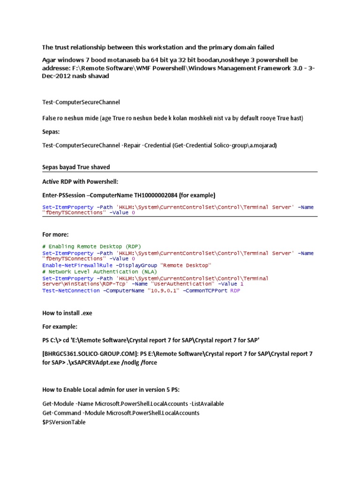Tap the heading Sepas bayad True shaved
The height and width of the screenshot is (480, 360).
[76, 167]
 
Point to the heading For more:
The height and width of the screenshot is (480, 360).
[55, 234]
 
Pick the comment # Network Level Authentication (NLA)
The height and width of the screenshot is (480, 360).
[100, 271]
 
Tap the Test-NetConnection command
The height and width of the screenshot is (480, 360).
[70, 291]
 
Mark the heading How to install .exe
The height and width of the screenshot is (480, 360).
[67, 313]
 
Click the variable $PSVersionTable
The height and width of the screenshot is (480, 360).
[64, 422]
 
